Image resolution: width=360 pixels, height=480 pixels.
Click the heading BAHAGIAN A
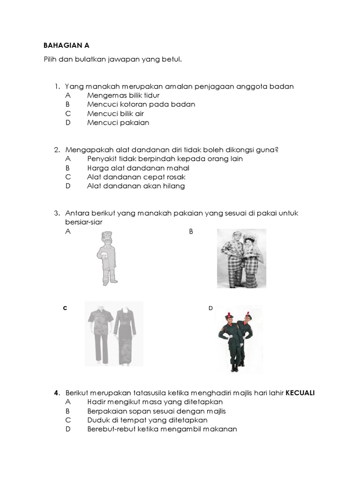(x=66, y=45)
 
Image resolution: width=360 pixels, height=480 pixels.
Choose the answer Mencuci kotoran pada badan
(x=141, y=105)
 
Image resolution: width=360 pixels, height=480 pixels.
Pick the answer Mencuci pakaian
(x=118, y=123)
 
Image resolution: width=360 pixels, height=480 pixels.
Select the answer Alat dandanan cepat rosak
(x=136, y=177)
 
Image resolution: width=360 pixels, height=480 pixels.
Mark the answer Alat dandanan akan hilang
(x=135, y=186)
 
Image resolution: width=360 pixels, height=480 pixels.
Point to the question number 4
(x=56, y=393)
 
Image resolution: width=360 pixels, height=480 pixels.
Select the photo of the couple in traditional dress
(x=241, y=258)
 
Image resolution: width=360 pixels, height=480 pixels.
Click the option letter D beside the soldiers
(x=210, y=308)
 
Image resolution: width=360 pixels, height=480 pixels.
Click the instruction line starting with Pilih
(x=112, y=60)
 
